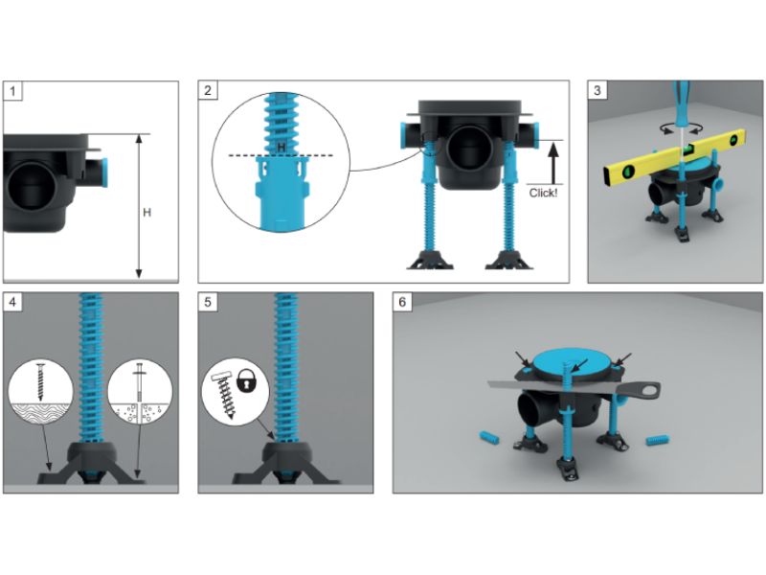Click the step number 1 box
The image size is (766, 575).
pos(12,91)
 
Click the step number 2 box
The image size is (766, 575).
pos(208,90)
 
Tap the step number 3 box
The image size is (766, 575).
pos(597,90)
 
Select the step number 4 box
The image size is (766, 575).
pos(12,302)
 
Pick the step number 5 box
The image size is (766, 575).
pos(208,302)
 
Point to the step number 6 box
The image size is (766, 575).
pos(402,302)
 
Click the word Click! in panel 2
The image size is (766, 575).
pos(543,193)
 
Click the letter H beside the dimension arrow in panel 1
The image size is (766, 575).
pos(146,213)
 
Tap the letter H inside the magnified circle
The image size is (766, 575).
pos(281,147)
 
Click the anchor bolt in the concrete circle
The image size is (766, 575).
pos(140,386)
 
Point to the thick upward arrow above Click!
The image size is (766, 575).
pos(552,163)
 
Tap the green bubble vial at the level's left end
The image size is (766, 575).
pos(628,172)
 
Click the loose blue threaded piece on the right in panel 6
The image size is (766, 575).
pos(657,440)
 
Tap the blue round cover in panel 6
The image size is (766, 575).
pos(572,363)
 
